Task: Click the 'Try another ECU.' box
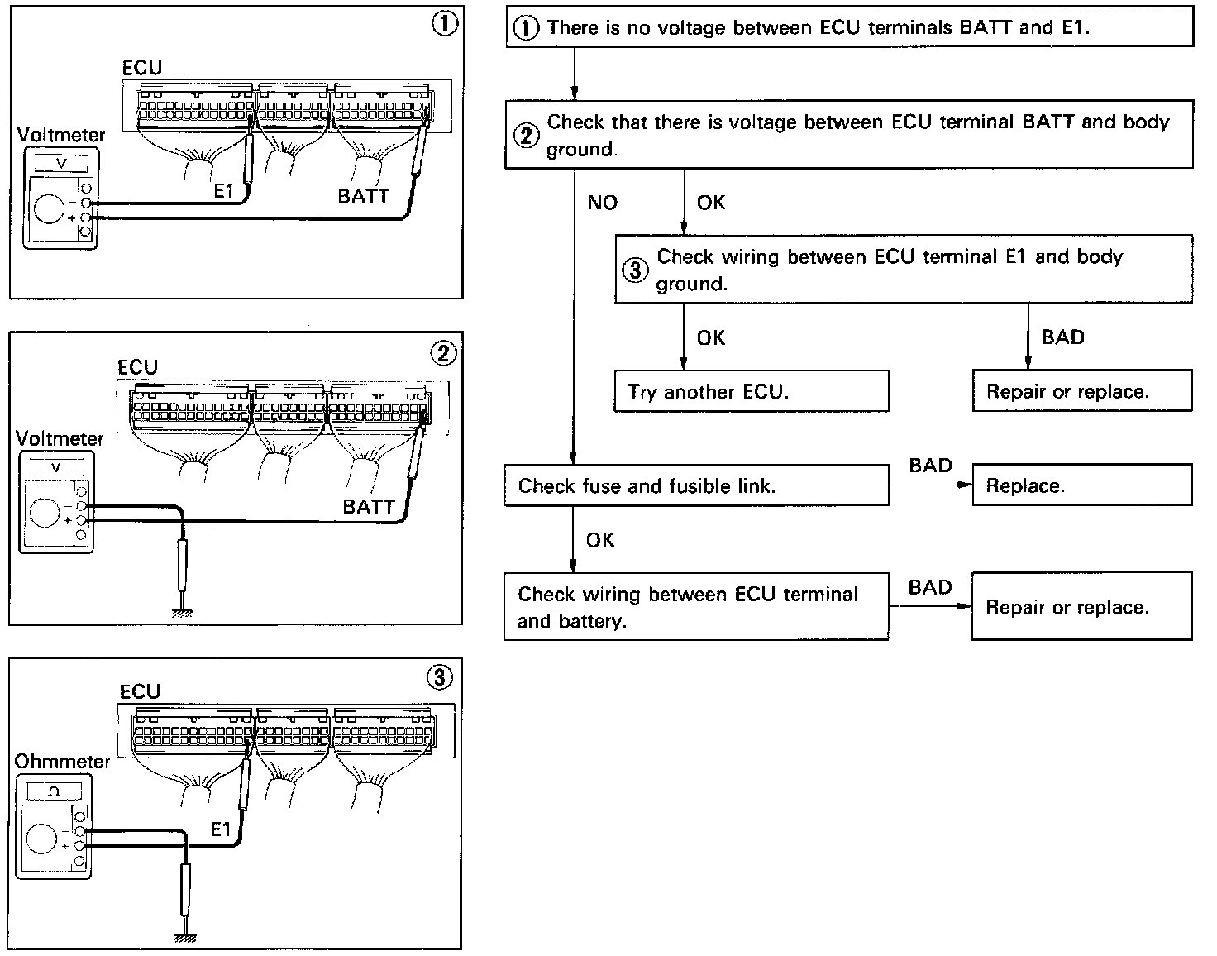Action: [x=752, y=391]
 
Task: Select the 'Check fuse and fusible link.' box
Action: [x=696, y=485]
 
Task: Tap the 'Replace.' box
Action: [x=1082, y=485]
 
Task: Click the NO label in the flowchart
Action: [x=602, y=202]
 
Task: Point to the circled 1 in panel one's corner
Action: [x=445, y=23]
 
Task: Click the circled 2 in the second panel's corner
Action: [x=444, y=353]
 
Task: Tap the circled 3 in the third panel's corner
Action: [x=440, y=677]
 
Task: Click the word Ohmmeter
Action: [x=62, y=761]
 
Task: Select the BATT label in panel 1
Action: [x=363, y=196]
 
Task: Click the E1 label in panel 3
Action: [x=221, y=829]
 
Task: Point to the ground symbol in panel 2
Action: [x=182, y=612]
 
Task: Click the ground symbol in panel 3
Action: [x=185, y=938]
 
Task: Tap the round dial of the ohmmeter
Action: [x=41, y=839]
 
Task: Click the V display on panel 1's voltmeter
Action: [x=62, y=163]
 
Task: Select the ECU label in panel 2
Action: [x=138, y=367]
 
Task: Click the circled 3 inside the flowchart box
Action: [x=635, y=270]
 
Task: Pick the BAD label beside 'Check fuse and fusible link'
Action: [x=930, y=466]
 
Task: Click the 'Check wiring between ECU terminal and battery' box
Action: [x=696, y=606]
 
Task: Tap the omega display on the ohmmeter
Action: [x=55, y=791]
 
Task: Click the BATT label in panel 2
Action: [x=369, y=507]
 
